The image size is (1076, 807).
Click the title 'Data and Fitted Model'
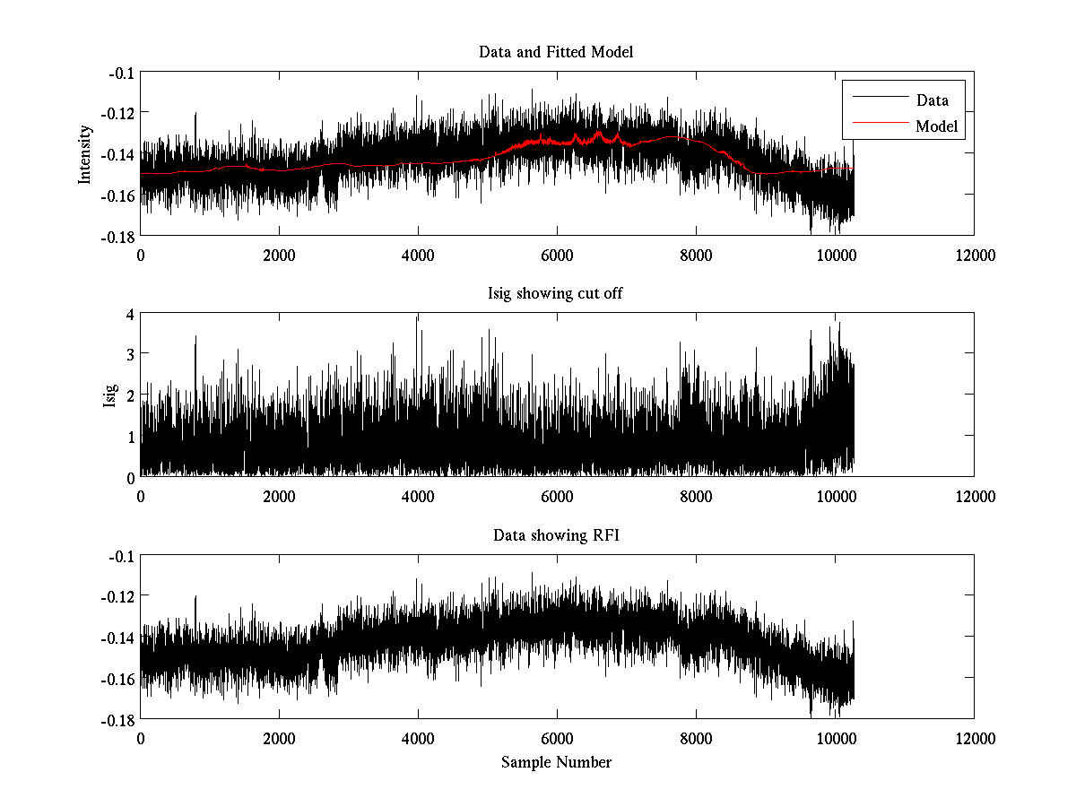tap(556, 52)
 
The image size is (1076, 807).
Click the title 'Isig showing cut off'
tap(556, 294)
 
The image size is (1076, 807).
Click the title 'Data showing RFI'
tap(556, 536)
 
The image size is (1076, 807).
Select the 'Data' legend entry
tap(932, 100)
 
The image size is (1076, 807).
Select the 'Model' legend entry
tap(936, 126)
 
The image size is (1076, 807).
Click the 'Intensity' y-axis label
tap(85, 153)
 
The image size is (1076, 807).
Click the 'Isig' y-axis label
tap(109, 395)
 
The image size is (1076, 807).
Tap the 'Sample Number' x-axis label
tap(556, 762)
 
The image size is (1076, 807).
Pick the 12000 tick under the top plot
tap(974, 255)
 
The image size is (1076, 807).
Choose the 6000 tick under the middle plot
tap(557, 497)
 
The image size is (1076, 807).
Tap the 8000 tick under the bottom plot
tap(696, 739)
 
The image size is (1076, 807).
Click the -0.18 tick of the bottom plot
tap(118, 719)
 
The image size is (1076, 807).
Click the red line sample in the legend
tap(879, 126)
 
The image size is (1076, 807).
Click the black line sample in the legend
tap(879, 100)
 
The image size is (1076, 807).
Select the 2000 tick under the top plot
tap(279, 255)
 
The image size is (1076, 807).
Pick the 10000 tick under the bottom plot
tap(835, 739)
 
